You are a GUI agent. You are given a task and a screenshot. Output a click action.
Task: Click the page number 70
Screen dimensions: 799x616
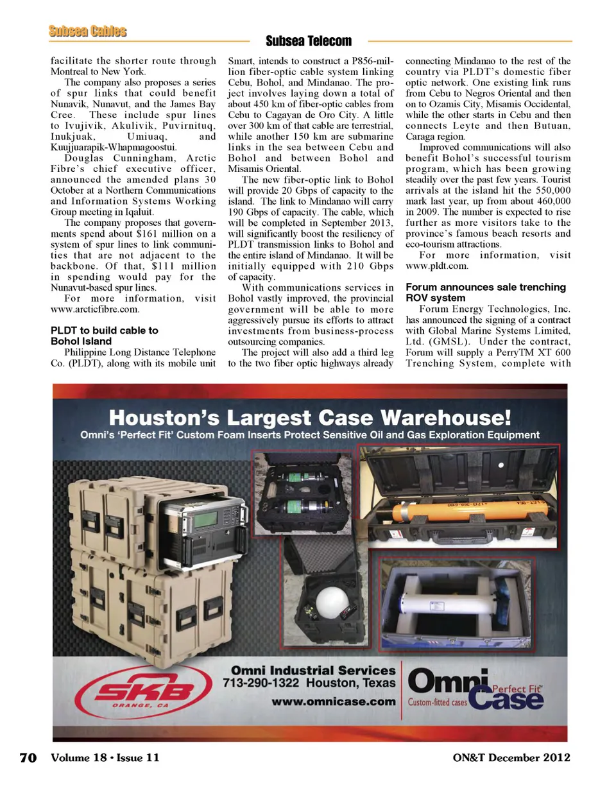28,758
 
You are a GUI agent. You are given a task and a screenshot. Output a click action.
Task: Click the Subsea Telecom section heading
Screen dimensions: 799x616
309,42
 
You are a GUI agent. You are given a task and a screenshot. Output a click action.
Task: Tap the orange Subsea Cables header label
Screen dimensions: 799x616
87,31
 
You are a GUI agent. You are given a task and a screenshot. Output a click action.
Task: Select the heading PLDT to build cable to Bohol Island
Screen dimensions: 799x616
104,336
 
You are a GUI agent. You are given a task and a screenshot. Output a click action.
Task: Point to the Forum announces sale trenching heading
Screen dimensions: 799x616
485,287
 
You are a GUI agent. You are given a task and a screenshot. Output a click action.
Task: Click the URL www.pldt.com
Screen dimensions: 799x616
437,266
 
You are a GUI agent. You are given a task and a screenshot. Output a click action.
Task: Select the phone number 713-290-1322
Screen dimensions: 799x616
261,683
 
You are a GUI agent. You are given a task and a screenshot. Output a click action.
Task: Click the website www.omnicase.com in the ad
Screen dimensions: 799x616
333,701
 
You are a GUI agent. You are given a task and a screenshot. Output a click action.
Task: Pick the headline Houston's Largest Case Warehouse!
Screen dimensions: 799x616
310,418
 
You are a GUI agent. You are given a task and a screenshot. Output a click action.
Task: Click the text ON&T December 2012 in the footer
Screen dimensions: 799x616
511,758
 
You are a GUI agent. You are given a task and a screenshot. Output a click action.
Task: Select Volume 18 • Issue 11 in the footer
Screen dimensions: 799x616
105,758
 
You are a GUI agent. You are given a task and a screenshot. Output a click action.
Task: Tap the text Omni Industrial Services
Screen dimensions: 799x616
313,670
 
